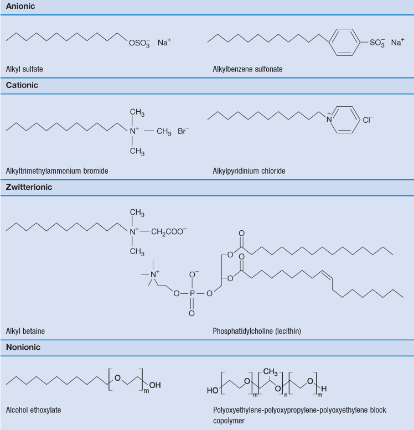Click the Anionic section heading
click(20, 6)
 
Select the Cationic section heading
click(22, 85)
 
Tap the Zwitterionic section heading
click(29, 187)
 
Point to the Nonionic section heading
click(23, 347)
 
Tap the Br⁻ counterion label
click(183, 131)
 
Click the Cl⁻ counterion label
click(368, 120)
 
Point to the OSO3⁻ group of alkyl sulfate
click(139, 43)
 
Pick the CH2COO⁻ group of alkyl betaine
click(169, 232)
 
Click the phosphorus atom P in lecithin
click(192, 293)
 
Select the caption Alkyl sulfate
click(24, 69)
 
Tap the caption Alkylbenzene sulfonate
click(247, 69)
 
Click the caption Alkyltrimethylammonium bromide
click(57, 171)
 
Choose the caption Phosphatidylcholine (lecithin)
click(257, 331)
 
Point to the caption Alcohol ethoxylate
click(33, 410)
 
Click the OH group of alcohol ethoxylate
click(155, 385)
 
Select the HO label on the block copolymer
click(213, 390)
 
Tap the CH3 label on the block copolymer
click(271, 372)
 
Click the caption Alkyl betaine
click(25, 331)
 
